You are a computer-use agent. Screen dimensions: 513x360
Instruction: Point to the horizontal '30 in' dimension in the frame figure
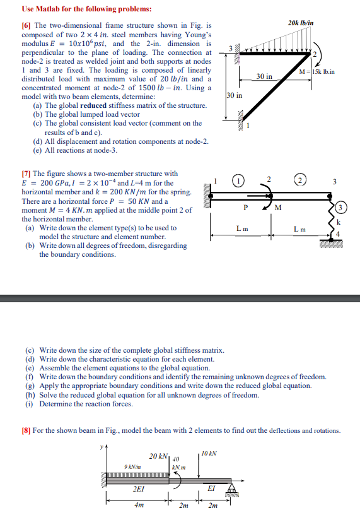pyautogui.click(x=264, y=76)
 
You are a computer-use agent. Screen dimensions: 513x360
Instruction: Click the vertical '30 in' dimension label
pyautogui.click(x=232, y=96)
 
